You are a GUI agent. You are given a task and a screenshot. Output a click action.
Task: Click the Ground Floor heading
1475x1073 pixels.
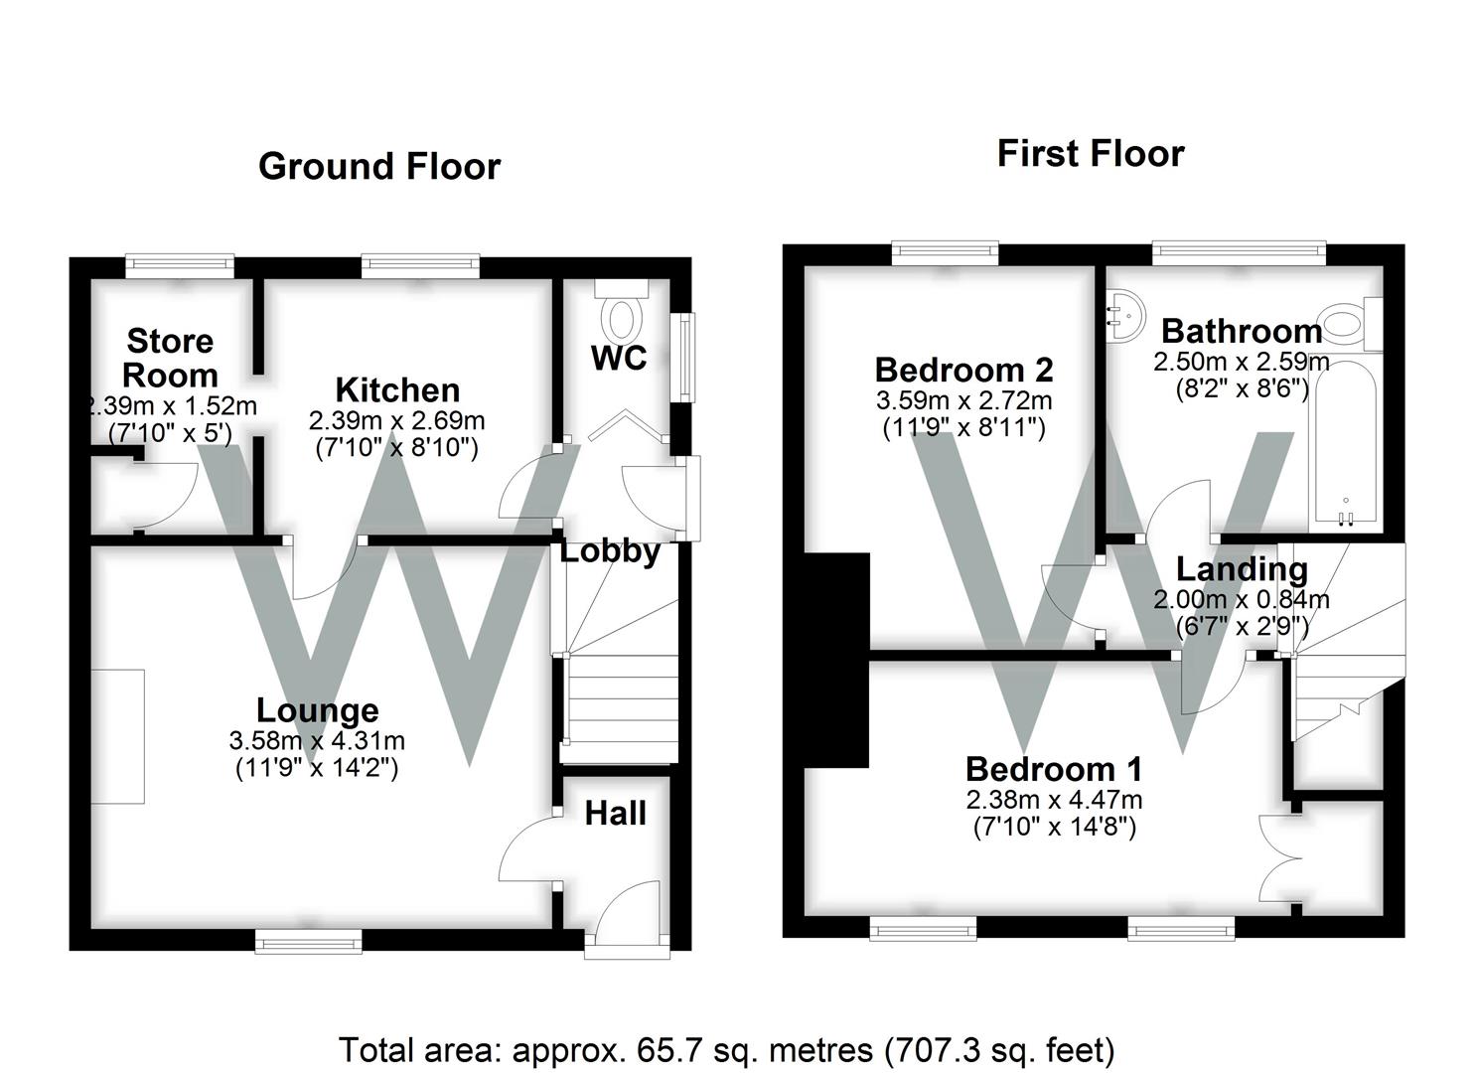click(x=378, y=166)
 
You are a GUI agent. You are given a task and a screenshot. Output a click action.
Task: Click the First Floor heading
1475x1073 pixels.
click(x=1090, y=154)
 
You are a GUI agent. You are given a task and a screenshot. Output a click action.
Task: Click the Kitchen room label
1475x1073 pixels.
click(x=397, y=389)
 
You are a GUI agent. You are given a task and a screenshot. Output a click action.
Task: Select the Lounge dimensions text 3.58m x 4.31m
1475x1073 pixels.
click(x=317, y=740)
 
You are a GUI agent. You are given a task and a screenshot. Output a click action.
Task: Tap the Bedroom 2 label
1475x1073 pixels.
click(x=962, y=371)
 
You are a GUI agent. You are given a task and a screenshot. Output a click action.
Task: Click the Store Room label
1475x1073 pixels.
click(x=171, y=359)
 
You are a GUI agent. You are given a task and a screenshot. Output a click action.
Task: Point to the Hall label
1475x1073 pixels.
click(x=615, y=814)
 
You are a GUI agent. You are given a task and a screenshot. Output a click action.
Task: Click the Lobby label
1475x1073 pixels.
click(x=610, y=552)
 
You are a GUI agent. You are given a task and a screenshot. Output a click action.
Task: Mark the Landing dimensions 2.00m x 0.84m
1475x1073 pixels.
click(x=1241, y=599)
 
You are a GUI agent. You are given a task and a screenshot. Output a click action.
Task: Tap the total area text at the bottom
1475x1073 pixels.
click(x=726, y=1049)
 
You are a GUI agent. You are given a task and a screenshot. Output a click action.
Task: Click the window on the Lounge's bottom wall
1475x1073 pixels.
click(x=308, y=941)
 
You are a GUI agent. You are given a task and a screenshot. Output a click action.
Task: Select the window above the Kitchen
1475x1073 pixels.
click(x=420, y=264)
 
